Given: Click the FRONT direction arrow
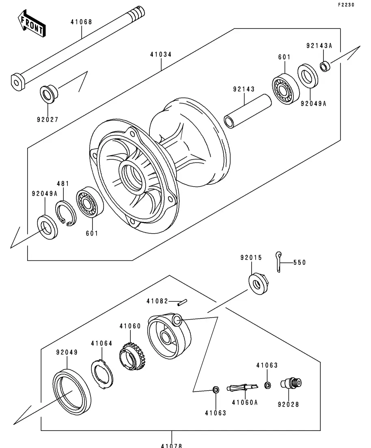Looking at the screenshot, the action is pyautogui.click(x=31, y=24).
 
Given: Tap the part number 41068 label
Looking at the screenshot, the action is pyautogui.click(x=82, y=22).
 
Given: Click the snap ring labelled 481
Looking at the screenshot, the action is pyautogui.click(x=66, y=213).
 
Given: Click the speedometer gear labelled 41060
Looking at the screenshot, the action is pyautogui.click(x=132, y=357).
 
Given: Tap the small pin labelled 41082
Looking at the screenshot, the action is pyautogui.click(x=182, y=302).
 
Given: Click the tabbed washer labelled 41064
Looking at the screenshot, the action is pyautogui.click(x=102, y=374).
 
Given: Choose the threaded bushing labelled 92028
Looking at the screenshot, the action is pyautogui.click(x=291, y=383).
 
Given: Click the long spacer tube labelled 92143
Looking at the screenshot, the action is pyautogui.click(x=248, y=110).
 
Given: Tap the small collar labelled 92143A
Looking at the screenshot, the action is pyautogui.click(x=325, y=67).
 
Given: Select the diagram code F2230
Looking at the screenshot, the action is pyautogui.click(x=346, y=4).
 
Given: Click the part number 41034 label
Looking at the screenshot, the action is pyautogui.click(x=161, y=54).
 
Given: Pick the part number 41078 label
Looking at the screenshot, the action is pyautogui.click(x=171, y=445).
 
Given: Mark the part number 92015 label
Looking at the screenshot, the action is pyautogui.click(x=251, y=258).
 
